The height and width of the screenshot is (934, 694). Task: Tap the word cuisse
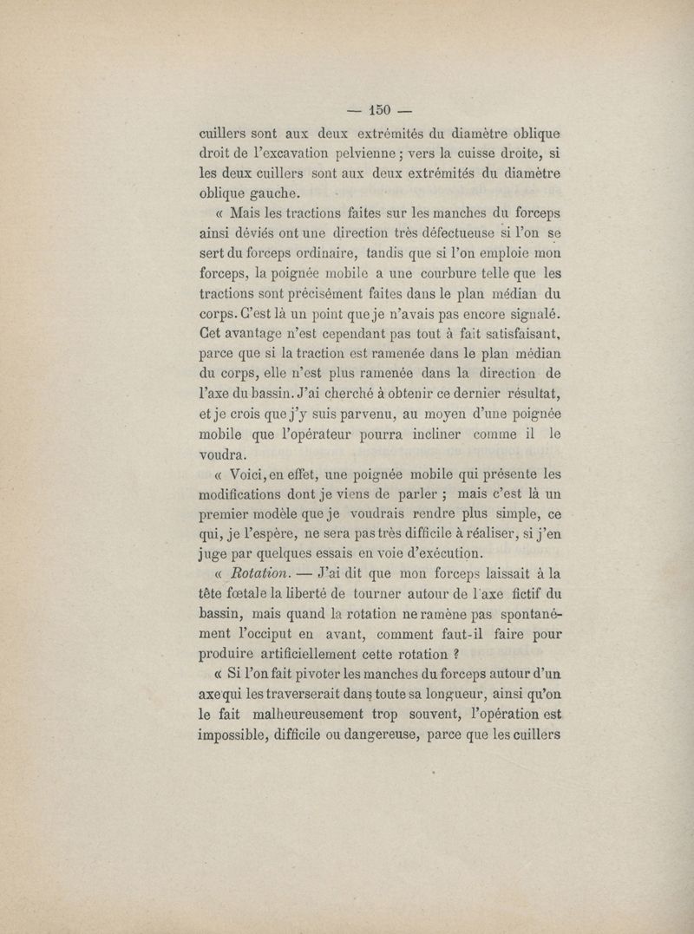point(469,154)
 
